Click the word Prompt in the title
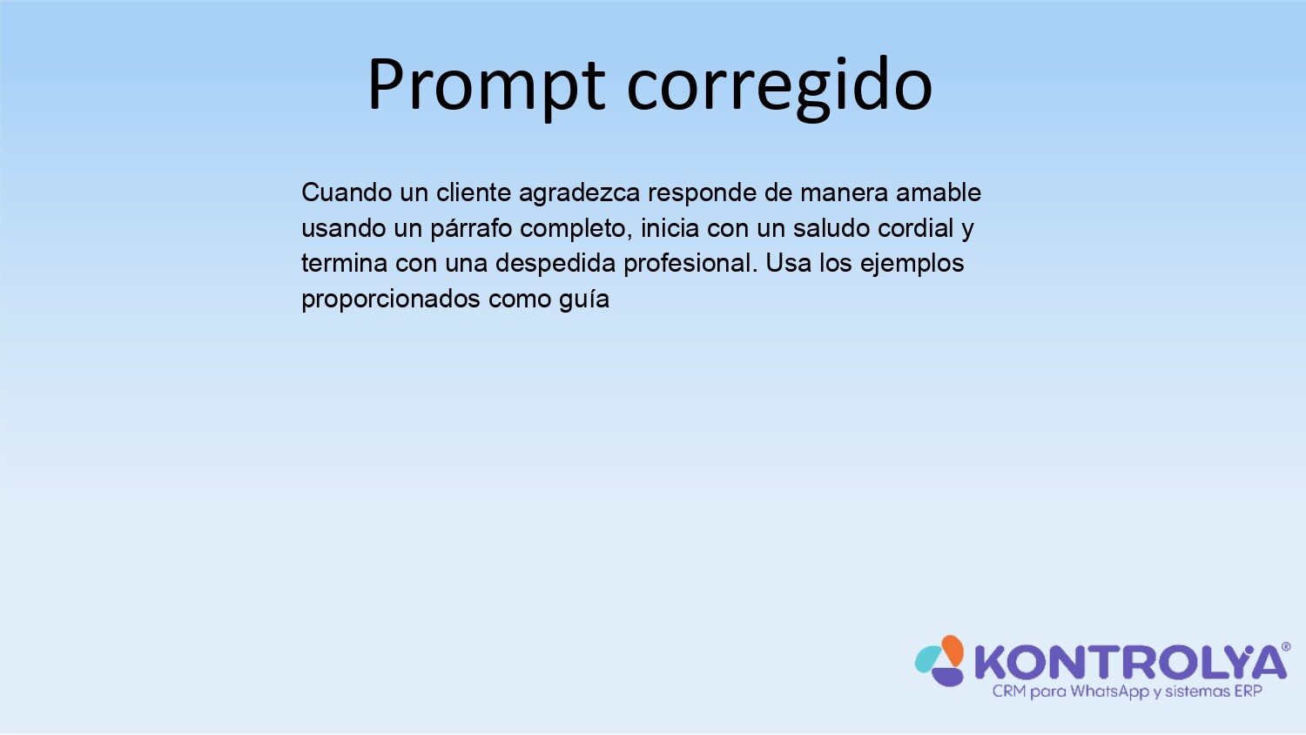(486, 87)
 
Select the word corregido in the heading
(779, 87)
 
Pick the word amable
(938, 192)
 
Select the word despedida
(555, 264)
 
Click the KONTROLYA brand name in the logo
(1130, 663)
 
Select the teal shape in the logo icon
(928, 659)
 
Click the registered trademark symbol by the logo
(1286, 647)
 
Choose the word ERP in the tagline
(1248, 691)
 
